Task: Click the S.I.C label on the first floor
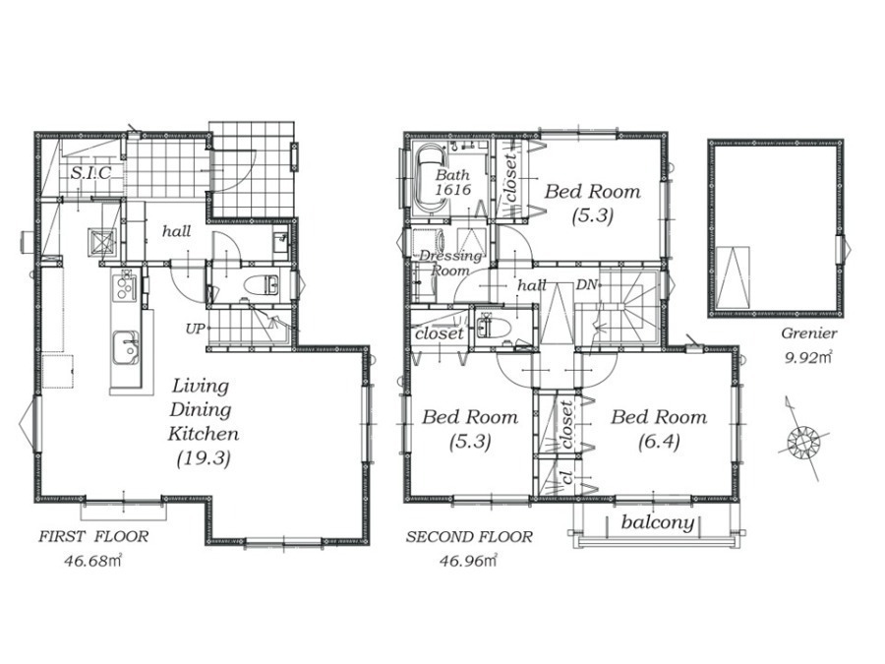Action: coord(90,172)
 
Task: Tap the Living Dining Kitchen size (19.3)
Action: coord(204,458)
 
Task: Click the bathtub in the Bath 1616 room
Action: coord(432,180)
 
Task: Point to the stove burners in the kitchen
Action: coord(125,285)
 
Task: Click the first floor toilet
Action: coord(261,284)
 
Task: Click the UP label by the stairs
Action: coord(194,328)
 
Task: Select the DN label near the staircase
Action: coord(586,285)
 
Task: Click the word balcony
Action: coord(658,521)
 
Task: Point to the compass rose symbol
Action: coord(801,439)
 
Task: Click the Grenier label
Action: coord(809,333)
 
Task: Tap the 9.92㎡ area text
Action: coord(808,357)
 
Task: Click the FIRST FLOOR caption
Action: coord(93,537)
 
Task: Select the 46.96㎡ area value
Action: coord(468,561)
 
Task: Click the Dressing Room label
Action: coord(450,263)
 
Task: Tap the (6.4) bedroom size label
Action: coord(659,442)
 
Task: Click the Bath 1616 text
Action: coord(452,182)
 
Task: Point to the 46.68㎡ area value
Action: coord(93,562)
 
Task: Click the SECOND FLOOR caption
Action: coord(469,536)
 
